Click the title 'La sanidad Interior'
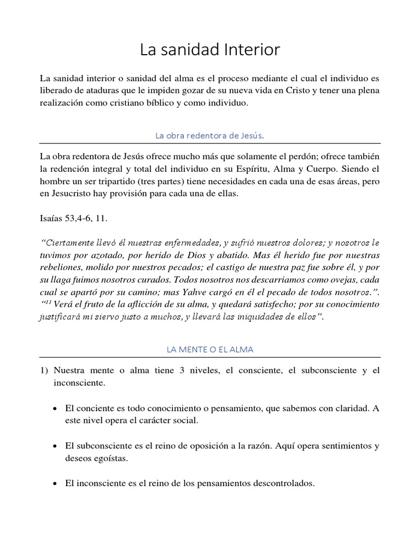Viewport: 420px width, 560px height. click(210, 50)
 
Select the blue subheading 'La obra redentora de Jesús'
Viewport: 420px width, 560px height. click(210, 135)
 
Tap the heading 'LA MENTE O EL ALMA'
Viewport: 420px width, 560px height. click(210, 348)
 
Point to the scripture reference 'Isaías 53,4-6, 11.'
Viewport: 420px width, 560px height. click(74, 219)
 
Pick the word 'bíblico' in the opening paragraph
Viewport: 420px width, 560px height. click(156, 102)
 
